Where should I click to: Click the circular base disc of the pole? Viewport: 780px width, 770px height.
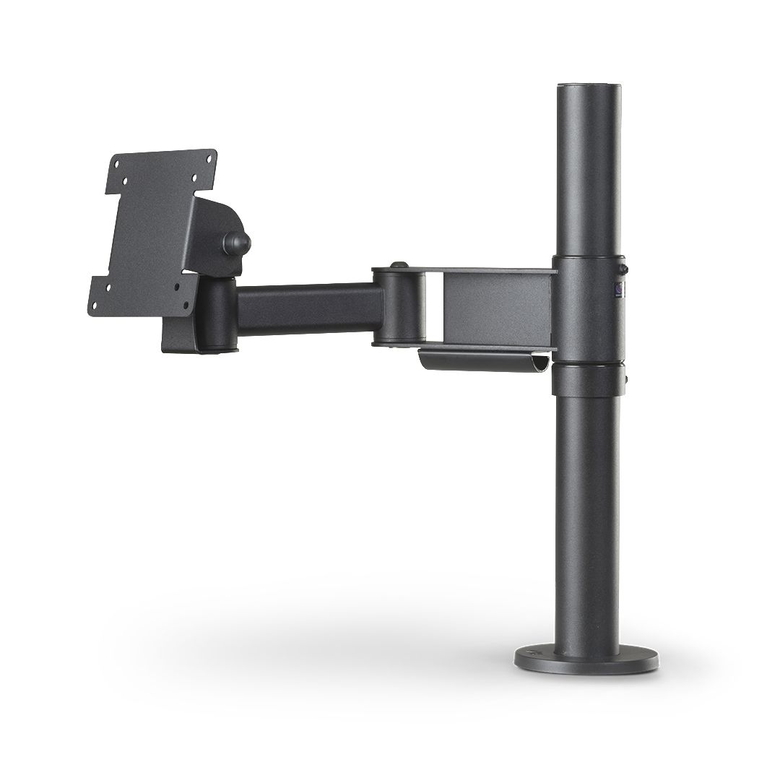pyautogui.click(x=586, y=659)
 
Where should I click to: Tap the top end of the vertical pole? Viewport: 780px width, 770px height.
pyautogui.click(x=588, y=90)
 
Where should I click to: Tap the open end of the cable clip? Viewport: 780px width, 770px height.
pyautogui.click(x=539, y=364)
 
